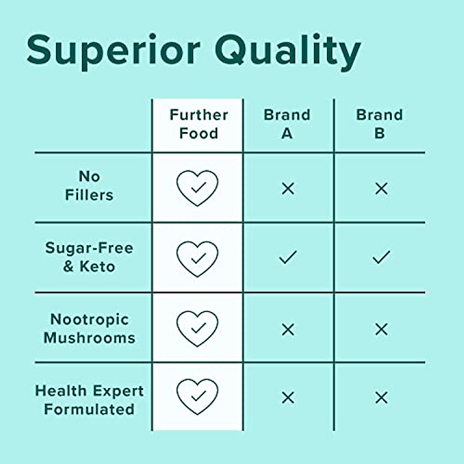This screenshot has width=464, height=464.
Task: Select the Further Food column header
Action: pos(198,124)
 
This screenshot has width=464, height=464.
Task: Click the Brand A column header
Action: pos(287,124)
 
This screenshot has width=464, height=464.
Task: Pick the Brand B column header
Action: pos(379,124)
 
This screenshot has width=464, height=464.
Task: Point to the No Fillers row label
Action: pos(89,186)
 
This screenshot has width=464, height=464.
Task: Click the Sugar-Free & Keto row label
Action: pos(89,257)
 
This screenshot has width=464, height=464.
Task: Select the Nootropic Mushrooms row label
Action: pos(89,329)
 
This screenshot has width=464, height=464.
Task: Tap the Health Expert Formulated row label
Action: pos(89,400)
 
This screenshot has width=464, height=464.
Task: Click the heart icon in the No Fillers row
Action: pos(197,188)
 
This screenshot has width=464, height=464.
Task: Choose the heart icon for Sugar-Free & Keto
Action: pos(197,259)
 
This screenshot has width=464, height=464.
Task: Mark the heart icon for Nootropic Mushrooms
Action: pos(197,329)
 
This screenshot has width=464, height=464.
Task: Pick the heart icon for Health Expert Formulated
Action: pos(197,397)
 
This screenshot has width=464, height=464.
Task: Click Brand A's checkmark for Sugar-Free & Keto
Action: pos(288,257)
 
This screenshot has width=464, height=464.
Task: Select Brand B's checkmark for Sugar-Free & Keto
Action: pos(381,257)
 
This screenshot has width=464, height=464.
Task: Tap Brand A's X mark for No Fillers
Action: pos(288,189)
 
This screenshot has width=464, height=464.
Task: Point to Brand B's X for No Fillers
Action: pos(381,189)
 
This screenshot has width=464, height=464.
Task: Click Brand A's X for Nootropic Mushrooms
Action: pos(288,329)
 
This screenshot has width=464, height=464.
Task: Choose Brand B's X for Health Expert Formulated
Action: pos(381,397)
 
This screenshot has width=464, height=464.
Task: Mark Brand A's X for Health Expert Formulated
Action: pos(288,397)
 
